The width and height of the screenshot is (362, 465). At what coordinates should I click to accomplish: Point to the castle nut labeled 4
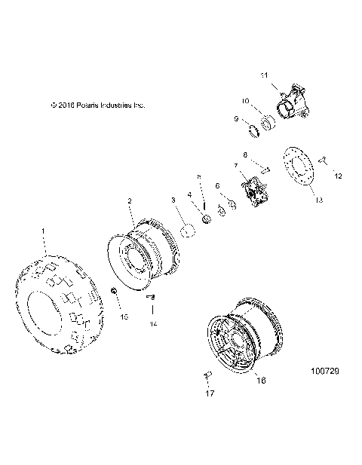[x=205, y=219]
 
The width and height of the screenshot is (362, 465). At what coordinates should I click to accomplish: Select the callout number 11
[x=264, y=75]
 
